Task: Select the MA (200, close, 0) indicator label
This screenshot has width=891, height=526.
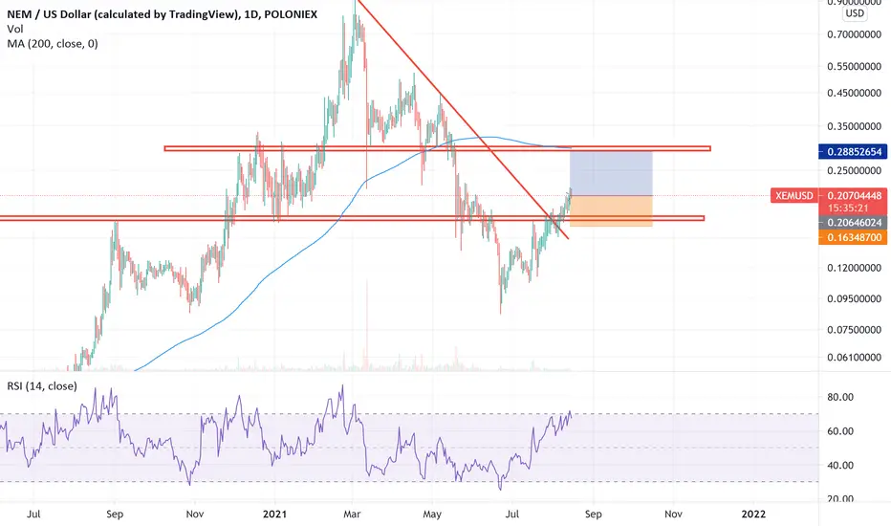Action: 53,44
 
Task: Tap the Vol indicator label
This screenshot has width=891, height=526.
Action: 15,29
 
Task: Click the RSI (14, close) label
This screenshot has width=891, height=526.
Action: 42,386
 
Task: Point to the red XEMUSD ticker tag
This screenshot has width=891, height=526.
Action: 794,196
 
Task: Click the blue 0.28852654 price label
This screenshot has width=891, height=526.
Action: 853,152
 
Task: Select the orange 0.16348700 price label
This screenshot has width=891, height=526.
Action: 853,237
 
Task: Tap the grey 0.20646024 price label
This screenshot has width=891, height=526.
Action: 853,223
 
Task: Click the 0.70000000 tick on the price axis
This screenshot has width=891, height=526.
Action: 854,34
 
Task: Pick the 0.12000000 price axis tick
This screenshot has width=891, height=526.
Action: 854,268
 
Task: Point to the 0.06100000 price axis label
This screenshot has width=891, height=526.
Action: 854,358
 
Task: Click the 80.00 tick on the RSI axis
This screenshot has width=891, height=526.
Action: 840,397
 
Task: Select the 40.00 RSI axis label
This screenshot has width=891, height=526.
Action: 840,465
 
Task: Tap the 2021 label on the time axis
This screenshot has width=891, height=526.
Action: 274,515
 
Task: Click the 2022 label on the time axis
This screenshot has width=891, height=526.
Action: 753,515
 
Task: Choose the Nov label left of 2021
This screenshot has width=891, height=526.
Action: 195,515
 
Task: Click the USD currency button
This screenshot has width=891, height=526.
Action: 855,13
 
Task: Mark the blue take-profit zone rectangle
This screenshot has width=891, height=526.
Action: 611,173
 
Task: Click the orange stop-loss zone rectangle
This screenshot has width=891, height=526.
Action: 611,211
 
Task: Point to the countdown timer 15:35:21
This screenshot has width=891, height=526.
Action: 848,208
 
